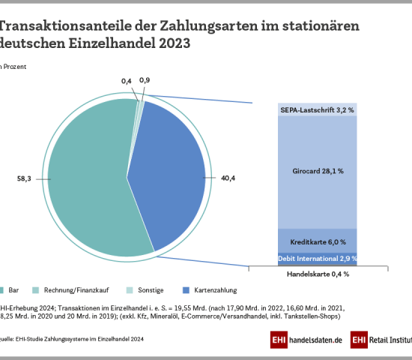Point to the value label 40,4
point(228,179)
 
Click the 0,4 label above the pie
point(127,80)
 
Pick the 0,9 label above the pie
point(145,80)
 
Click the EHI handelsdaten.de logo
point(308,339)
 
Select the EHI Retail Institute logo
point(381,339)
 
